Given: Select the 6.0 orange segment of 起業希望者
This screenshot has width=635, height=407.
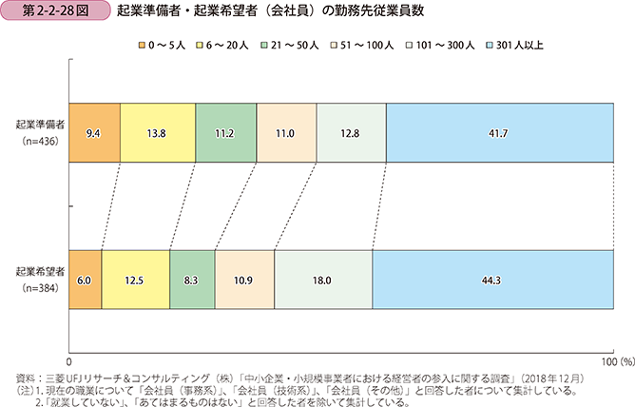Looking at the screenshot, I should coord(86,281).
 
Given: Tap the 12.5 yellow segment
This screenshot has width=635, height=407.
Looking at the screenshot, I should coord(135,281).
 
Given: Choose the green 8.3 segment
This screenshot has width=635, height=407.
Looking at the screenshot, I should coord(192,281).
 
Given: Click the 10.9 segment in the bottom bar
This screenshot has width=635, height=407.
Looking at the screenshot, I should coord(244,281).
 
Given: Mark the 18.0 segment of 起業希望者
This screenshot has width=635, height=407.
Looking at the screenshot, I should coord(323,281).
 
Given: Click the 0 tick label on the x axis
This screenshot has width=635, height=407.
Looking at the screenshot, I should coord(69,362).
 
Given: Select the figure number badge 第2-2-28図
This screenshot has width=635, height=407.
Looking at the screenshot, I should coord(51,14).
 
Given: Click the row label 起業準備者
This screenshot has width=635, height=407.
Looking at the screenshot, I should coord(40,125).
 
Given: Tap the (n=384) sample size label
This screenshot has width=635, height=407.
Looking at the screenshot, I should coord(40,288).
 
